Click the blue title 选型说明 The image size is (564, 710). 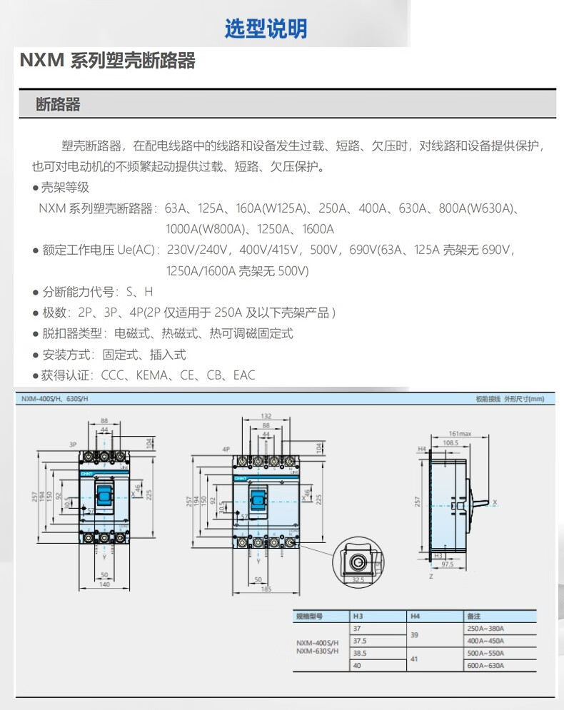[266, 29]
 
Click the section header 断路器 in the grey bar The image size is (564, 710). [59, 105]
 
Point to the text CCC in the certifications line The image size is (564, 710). [114, 375]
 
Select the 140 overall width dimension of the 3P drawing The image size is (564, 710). [104, 584]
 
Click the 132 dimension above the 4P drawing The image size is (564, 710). [265, 416]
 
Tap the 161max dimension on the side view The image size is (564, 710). [460, 433]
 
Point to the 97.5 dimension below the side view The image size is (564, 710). [448, 563]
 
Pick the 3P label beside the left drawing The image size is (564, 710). [72, 444]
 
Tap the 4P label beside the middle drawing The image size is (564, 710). [226, 449]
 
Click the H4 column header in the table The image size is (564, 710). [414, 616]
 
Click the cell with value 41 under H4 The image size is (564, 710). [415, 659]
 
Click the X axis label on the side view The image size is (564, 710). [495, 502]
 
